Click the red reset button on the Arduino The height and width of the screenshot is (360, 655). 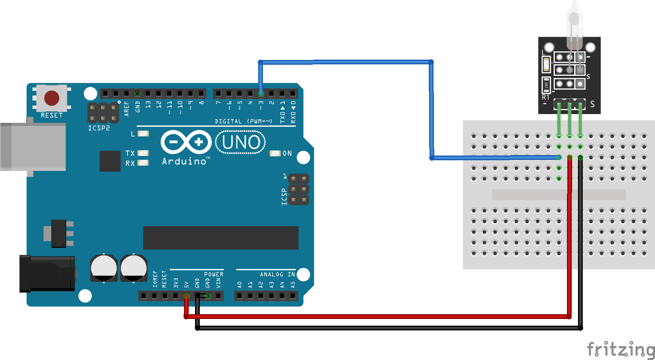click(x=52, y=98)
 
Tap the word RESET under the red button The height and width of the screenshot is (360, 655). click(x=52, y=115)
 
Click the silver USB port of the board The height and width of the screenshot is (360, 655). click(x=33, y=146)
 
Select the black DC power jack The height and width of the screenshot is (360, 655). click(x=47, y=274)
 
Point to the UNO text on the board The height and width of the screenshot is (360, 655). click(x=241, y=142)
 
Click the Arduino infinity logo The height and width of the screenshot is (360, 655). click(x=186, y=142)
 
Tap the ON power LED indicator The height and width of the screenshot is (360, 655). click(x=275, y=153)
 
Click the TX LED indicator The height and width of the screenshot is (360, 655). click(x=143, y=153)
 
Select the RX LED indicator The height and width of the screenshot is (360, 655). click(x=143, y=163)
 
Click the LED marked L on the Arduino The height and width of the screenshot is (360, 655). click(x=143, y=134)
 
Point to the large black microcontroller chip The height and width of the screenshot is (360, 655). click(x=220, y=238)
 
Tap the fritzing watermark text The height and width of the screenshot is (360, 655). click(x=620, y=349)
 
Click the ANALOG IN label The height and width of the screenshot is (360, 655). click(x=277, y=274)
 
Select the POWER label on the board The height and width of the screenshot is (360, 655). click(x=214, y=274)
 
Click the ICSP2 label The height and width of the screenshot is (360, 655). click(x=99, y=128)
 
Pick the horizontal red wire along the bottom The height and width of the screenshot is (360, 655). click(x=375, y=317)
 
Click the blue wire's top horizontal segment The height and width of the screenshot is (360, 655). click(x=345, y=62)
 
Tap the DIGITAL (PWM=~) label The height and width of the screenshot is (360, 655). click(x=243, y=121)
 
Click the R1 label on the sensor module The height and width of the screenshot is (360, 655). click(x=546, y=97)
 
